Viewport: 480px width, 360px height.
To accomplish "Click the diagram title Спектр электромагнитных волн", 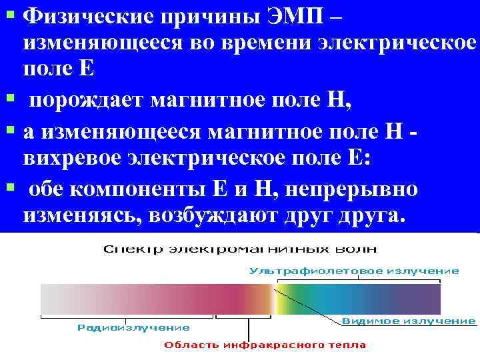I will pyautogui.click(x=240, y=249).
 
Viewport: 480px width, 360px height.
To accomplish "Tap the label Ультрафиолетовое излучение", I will pyautogui.click(x=354, y=271).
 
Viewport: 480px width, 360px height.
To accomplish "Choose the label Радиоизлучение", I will pyautogui.click(x=133, y=327).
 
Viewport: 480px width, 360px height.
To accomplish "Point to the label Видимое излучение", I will pyautogui.click(x=409, y=321).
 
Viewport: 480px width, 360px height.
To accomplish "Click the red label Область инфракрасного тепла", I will pyautogui.click(x=265, y=345).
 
